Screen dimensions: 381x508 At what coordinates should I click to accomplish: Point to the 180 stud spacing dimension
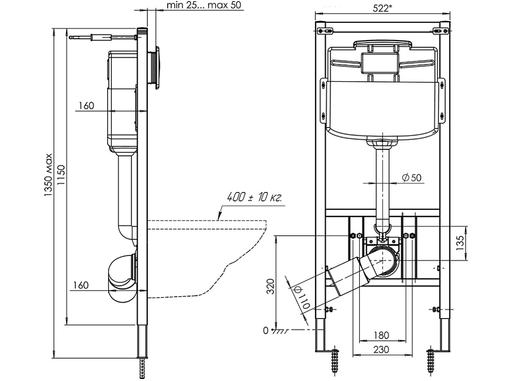point(381,335)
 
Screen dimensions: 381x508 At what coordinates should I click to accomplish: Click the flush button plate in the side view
point(158,68)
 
